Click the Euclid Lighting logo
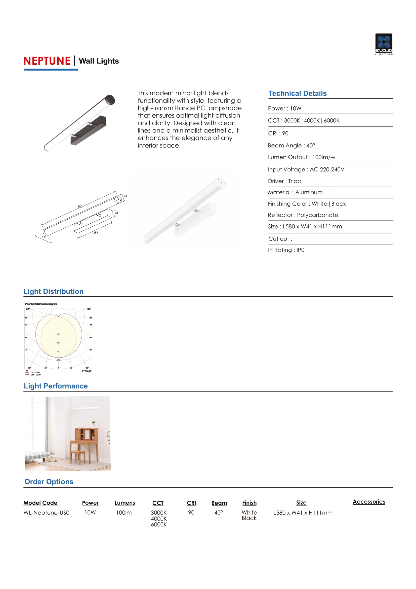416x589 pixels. [384, 44]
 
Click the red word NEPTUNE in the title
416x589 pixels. [47, 61]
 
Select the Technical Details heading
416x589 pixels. [297, 93]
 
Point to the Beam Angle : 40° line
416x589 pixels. [291, 146]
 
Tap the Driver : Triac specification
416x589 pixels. [284, 181]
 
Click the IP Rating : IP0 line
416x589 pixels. [286, 250]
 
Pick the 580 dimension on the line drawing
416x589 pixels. [80, 206]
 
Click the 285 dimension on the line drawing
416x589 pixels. [96, 233]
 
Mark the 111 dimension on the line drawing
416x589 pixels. [44, 237]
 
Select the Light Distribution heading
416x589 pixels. [53, 291]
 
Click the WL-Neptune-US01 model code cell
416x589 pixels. [48, 512]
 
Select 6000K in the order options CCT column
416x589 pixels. [158, 524]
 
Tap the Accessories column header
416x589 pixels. [369, 502]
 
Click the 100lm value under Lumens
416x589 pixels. [124, 512]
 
